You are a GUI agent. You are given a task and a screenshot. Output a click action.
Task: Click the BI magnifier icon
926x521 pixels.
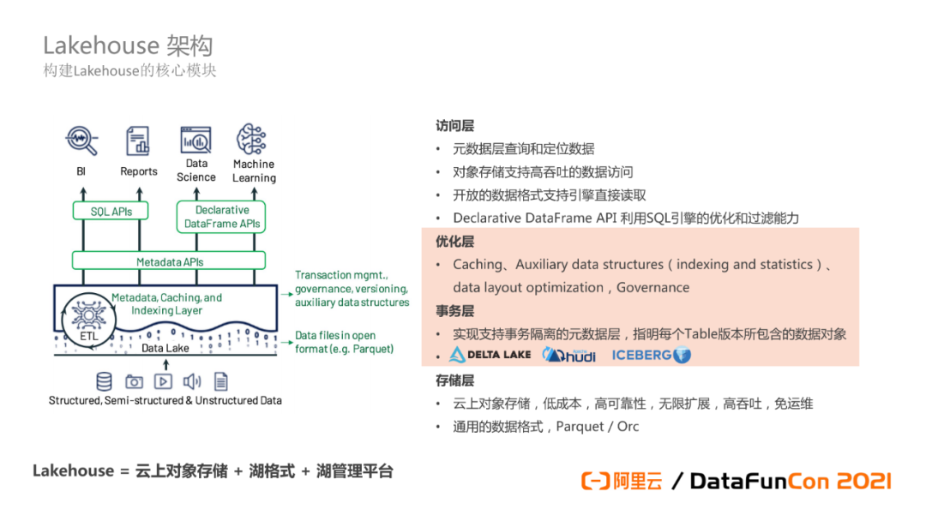coord(81,140)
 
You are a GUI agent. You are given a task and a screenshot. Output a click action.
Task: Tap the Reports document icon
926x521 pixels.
coord(138,141)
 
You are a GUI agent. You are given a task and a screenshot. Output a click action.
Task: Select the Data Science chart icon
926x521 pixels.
coord(196,140)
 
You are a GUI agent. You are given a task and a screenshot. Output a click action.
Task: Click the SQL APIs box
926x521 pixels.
coord(111,211)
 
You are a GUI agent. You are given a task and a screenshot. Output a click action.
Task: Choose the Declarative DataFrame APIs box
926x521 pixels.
coord(222,217)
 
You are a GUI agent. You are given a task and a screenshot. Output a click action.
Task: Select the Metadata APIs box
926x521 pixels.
coord(170,261)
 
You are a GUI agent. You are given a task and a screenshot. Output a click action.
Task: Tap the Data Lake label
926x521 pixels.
coord(165,349)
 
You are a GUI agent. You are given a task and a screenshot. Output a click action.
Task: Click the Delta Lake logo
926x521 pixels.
coord(490,355)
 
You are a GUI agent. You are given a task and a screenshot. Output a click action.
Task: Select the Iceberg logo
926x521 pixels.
coord(651,355)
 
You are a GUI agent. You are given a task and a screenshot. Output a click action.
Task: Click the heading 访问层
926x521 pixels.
coord(454,126)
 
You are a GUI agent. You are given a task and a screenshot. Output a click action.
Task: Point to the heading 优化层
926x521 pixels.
coord(454,242)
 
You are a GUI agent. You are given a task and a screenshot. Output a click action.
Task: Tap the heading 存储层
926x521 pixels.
coord(454,380)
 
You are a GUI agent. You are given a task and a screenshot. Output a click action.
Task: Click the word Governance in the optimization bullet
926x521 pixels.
coord(652,288)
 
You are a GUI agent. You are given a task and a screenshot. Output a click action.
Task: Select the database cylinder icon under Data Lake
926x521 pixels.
coord(105,381)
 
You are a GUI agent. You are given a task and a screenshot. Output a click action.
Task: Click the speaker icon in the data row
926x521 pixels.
coord(192,381)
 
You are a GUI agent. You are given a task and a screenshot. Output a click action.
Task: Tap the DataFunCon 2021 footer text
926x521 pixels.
coord(790,481)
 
